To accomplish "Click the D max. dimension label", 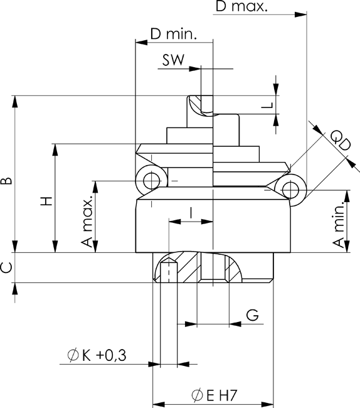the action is point(241,6).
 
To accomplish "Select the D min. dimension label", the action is point(173,34).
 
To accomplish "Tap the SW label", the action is point(173,60).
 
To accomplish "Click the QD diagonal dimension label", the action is point(341,141).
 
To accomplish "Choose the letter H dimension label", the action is point(47,201).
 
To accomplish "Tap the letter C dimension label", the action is point(7,268).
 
